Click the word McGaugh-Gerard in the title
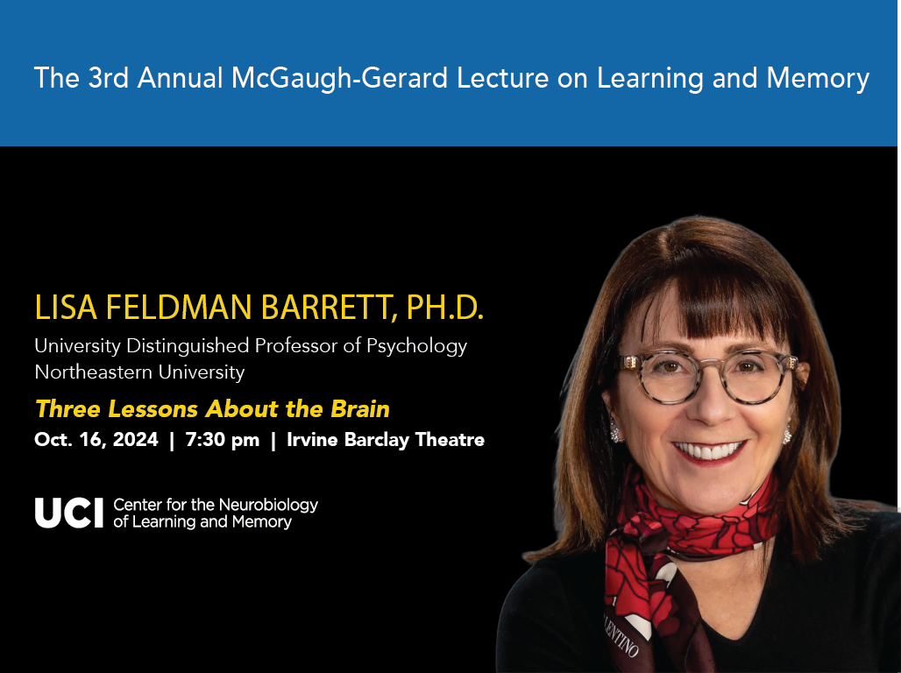coord(339,79)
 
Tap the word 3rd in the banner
coord(108,78)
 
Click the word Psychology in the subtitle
coord(416,346)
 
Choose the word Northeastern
coord(94,372)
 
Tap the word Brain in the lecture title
coord(360,409)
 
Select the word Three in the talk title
coord(67,409)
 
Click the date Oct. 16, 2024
coord(96,440)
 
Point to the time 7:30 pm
coord(223,440)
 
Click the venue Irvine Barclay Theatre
coord(386,440)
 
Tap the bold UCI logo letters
coord(69,513)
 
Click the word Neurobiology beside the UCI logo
coord(268,505)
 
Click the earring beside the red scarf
coord(787,434)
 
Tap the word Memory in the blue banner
coord(818,79)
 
